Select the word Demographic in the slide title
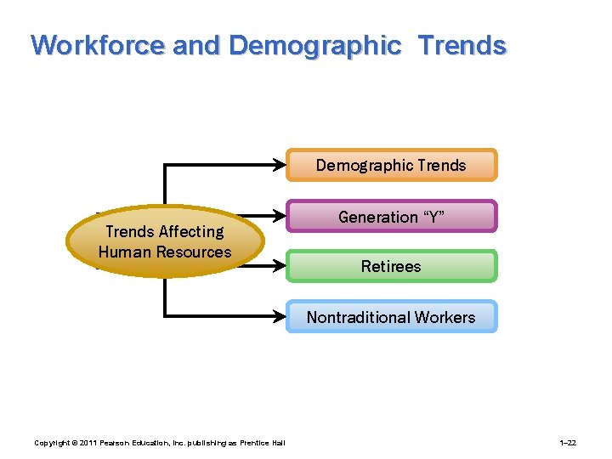pyautogui.click(x=314, y=45)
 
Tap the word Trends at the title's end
pyautogui.click(x=462, y=45)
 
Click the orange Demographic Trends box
pyautogui.click(x=391, y=165)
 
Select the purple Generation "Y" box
pyautogui.click(x=391, y=217)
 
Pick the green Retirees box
pyautogui.click(x=391, y=266)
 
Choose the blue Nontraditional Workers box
pyautogui.click(x=391, y=317)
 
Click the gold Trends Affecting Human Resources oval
pyautogui.click(x=165, y=241)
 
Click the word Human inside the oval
pyautogui.click(x=124, y=252)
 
